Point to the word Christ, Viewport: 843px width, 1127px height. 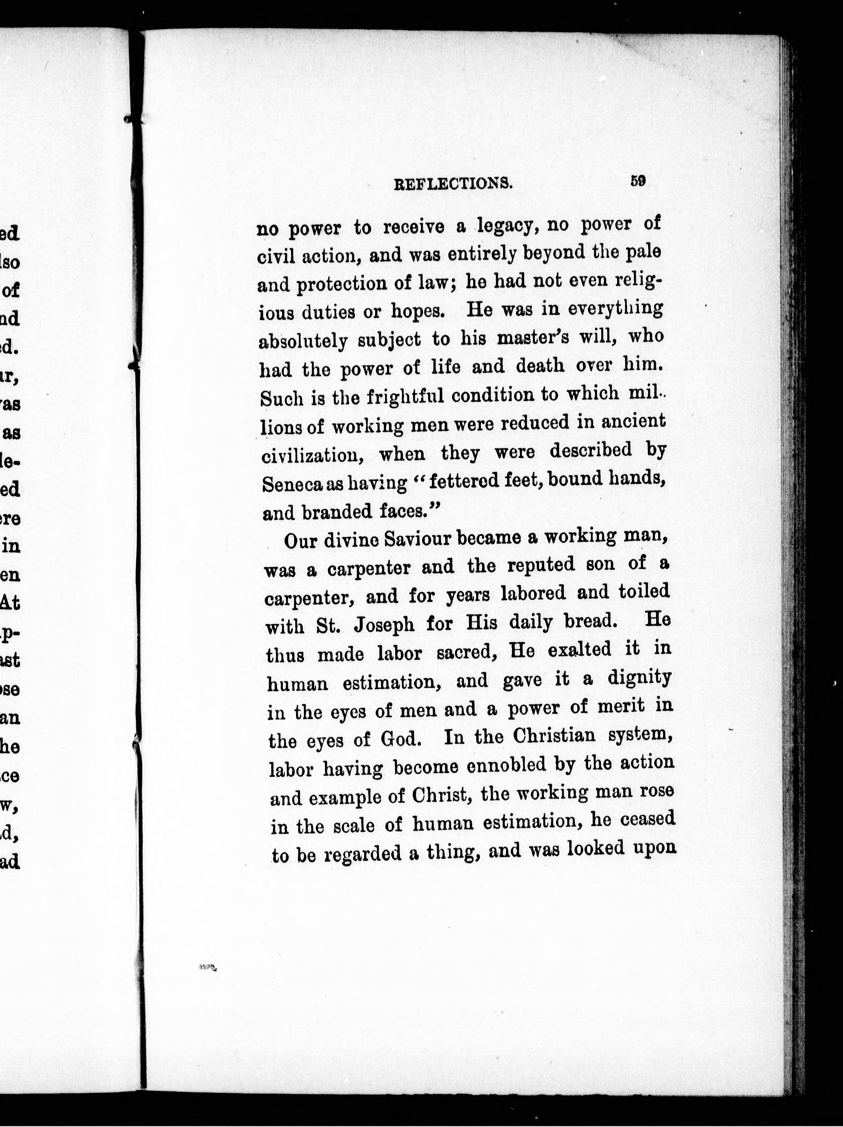click(x=440, y=795)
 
